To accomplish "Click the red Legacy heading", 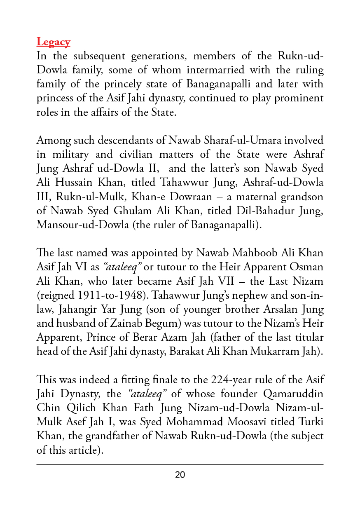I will [53, 42].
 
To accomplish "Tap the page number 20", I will [180, 475].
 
